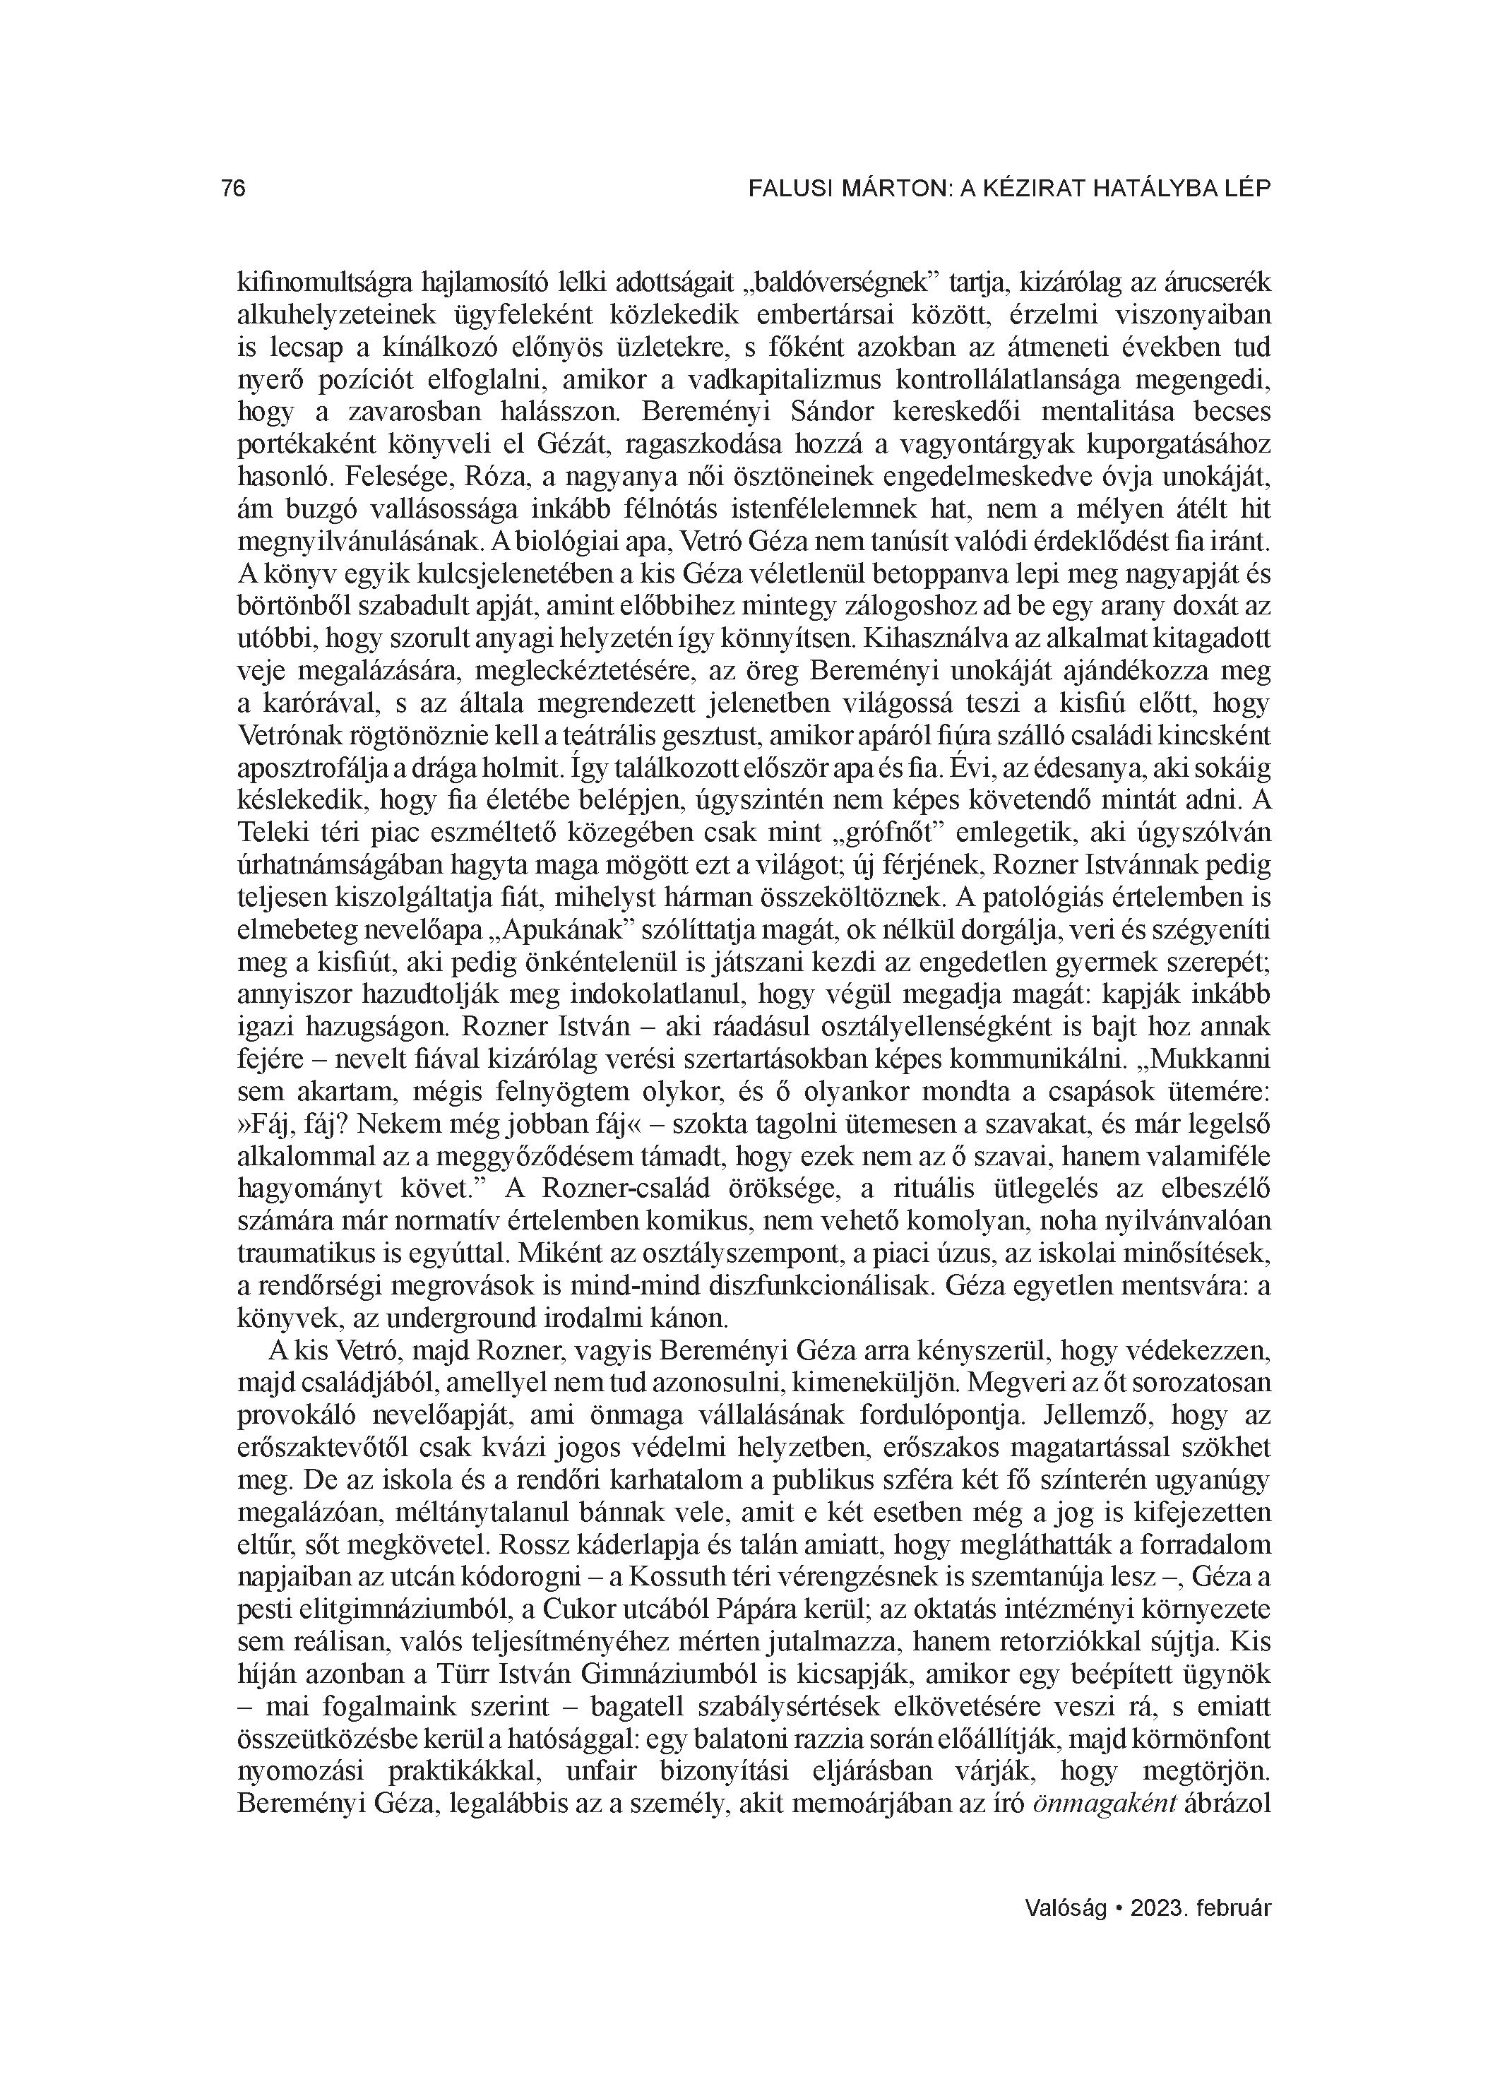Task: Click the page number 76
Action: coord(234,189)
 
